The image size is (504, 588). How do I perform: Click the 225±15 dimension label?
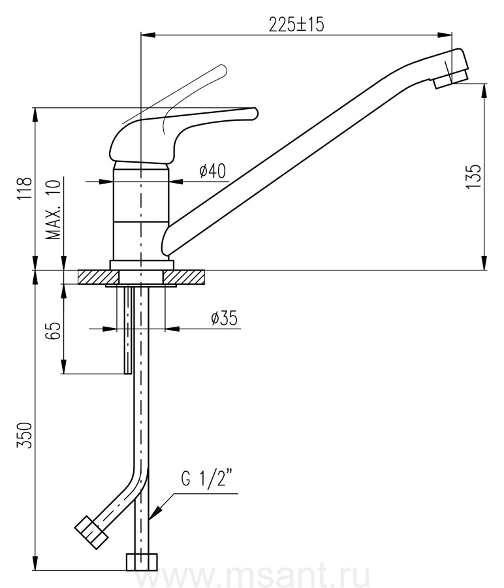click(x=296, y=25)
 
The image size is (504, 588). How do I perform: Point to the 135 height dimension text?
click(x=474, y=176)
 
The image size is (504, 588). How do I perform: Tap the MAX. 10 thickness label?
click(x=53, y=210)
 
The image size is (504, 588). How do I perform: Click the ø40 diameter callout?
click(x=213, y=171)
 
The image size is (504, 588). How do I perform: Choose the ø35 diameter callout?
click(x=224, y=318)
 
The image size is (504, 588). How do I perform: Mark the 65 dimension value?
click(x=54, y=331)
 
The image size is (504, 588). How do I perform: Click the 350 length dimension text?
click(x=25, y=435)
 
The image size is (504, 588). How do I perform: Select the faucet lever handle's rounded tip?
click(x=254, y=114)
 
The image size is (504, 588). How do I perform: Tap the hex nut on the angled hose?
click(x=91, y=533)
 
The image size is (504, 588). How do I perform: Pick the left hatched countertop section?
click(x=98, y=277)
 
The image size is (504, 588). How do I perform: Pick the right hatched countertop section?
click(x=184, y=277)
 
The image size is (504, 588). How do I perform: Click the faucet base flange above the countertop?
click(x=142, y=265)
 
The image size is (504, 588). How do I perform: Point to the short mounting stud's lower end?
click(x=128, y=373)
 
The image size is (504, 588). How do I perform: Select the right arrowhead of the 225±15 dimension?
click(x=445, y=35)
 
